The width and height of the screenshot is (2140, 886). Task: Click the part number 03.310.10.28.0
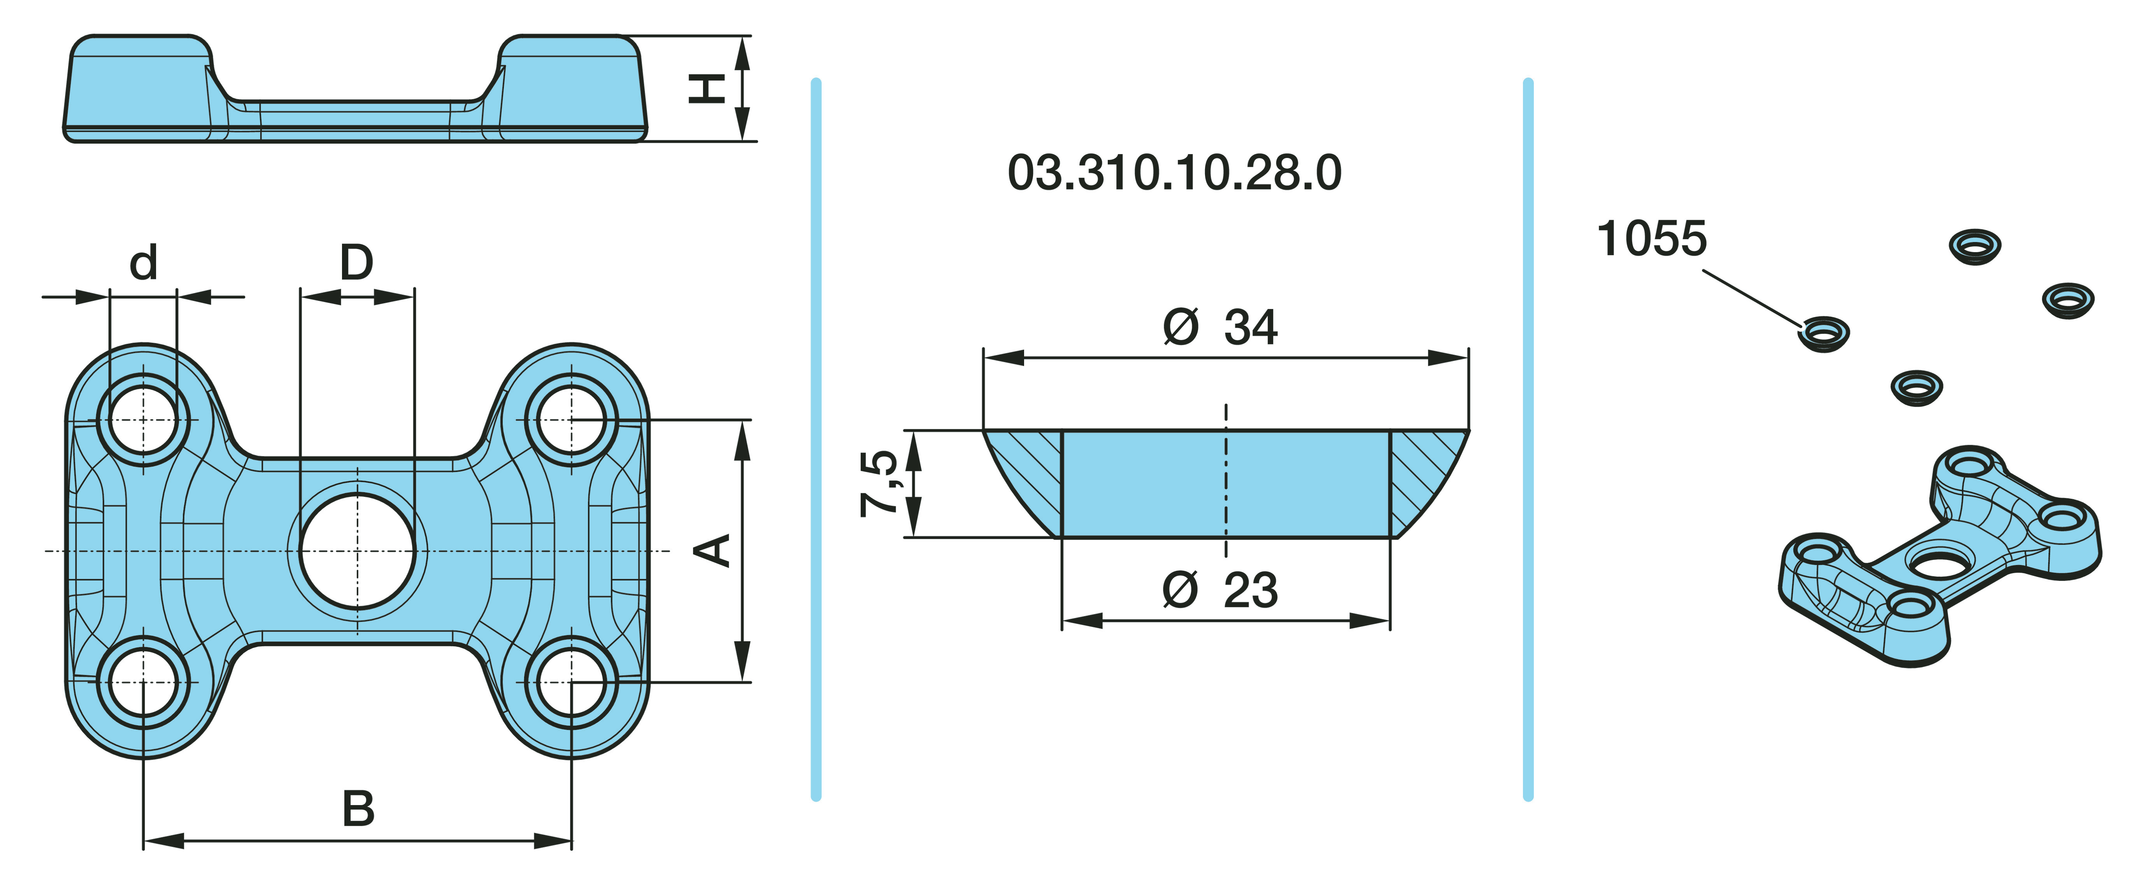(1174, 173)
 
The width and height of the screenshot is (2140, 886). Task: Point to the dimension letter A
(712, 550)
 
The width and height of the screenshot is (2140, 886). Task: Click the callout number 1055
(1652, 239)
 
